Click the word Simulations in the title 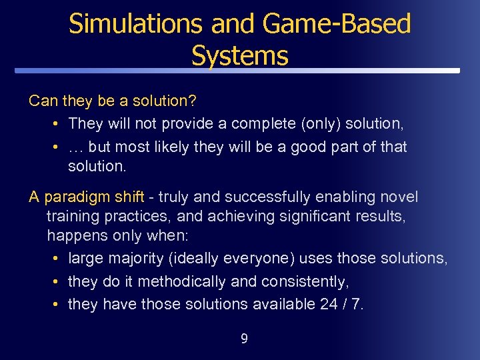tap(136, 25)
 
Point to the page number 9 tap(244, 339)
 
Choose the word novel tap(398, 197)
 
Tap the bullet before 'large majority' tap(54, 259)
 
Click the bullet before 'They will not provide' tap(54, 124)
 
